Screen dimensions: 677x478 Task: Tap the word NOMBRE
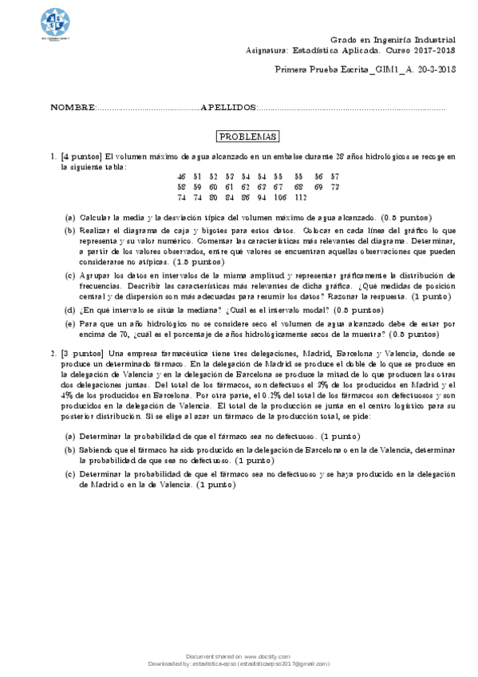[73, 107]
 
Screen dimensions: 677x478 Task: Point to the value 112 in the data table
[300, 196]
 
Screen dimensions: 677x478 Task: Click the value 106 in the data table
[279, 196]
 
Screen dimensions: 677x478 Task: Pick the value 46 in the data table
[182, 176]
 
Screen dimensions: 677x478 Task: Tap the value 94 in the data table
[261, 196]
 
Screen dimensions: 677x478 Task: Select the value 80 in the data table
[213, 196]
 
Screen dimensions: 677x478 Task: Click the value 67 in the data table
[278, 186]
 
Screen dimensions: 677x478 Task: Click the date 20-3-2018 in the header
[435, 70]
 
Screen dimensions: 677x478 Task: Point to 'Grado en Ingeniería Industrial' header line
[393, 39]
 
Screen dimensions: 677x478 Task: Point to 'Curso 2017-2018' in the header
[423, 49]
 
